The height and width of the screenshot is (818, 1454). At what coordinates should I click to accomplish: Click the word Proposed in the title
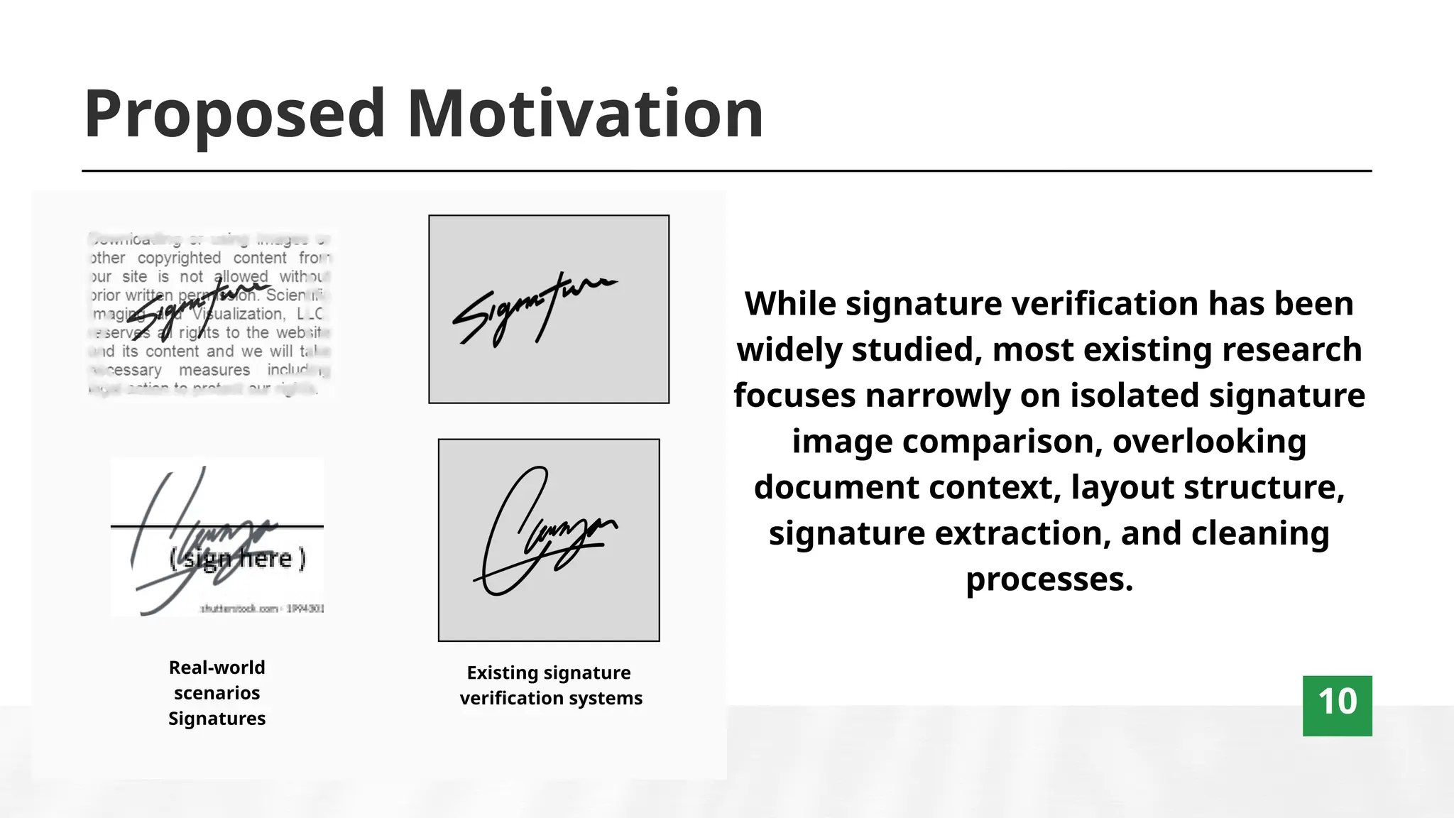pyautogui.click(x=234, y=114)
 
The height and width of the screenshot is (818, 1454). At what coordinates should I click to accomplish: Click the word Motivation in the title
pyautogui.click(x=585, y=114)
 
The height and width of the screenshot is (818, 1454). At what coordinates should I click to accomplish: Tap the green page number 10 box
pyautogui.click(x=1337, y=705)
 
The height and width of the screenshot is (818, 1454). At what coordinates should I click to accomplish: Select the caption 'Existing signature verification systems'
pyautogui.click(x=550, y=685)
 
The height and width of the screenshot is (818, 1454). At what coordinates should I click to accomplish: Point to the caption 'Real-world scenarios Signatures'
pyautogui.click(x=217, y=692)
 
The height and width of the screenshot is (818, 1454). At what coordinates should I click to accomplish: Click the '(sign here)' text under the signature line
pyautogui.click(x=237, y=558)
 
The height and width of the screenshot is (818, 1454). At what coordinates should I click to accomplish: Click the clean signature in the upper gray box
pyautogui.click(x=534, y=309)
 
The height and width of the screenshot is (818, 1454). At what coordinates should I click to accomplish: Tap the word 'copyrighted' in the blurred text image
pyautogui.click(x=179, y=258)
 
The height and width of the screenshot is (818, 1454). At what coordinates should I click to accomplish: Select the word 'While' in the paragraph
pyautogui.click(x=790, y=304)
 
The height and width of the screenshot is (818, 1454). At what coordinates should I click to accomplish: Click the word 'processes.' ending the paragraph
pyautogui.click(x=1049, y=579)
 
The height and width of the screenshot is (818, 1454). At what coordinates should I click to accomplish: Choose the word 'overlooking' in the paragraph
pyautogui.click(x=1209, y=442)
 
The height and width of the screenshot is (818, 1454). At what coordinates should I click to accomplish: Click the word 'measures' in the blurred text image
pyautogui.click(x=214, y=370)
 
